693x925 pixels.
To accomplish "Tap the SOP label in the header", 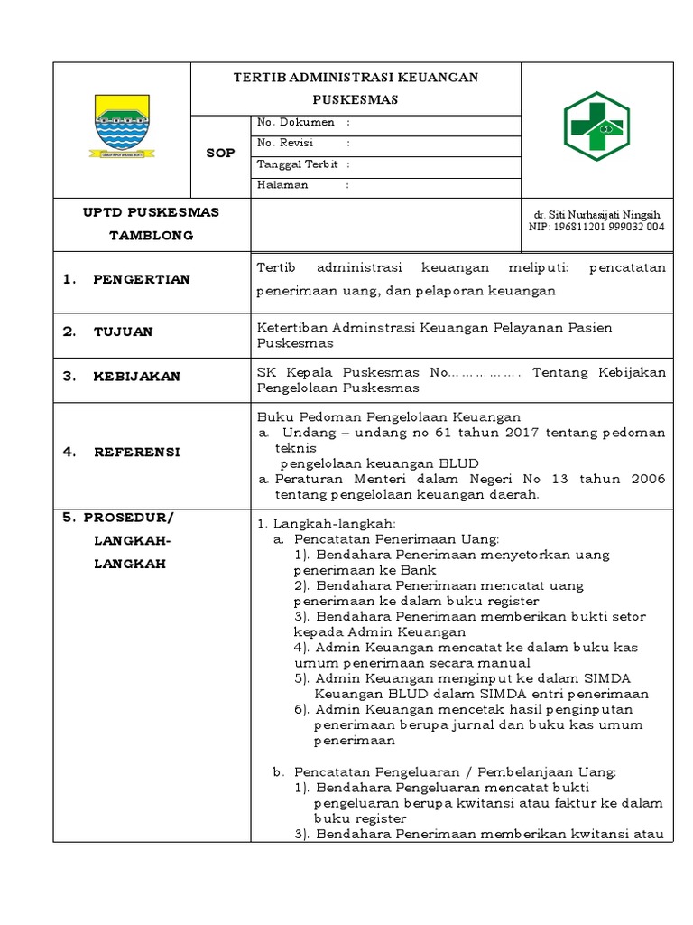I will pyautogui.click(x=219, y=154).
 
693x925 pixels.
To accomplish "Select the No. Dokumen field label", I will pyautogui.click(x=296, y=122).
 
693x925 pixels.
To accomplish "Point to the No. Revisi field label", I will pyautogui.click(x=285, y=143).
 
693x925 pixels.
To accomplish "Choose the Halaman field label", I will pyautogui.click(x=283, y=185).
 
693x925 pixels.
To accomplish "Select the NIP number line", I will pyautogui.click(x=596, y=228).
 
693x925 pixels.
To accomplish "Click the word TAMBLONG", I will pyautogui.click(x=152, y=235).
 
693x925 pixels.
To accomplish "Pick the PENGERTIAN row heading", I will pyautogui.click(x=141, y=279).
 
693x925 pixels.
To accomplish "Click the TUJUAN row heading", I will pyautogui.click(x=123, y=332).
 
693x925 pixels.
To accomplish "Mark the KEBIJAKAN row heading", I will pyautogui.click(x=136, y=377).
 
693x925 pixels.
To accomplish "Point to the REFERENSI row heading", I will pyautogui.click(x=136, y=452).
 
